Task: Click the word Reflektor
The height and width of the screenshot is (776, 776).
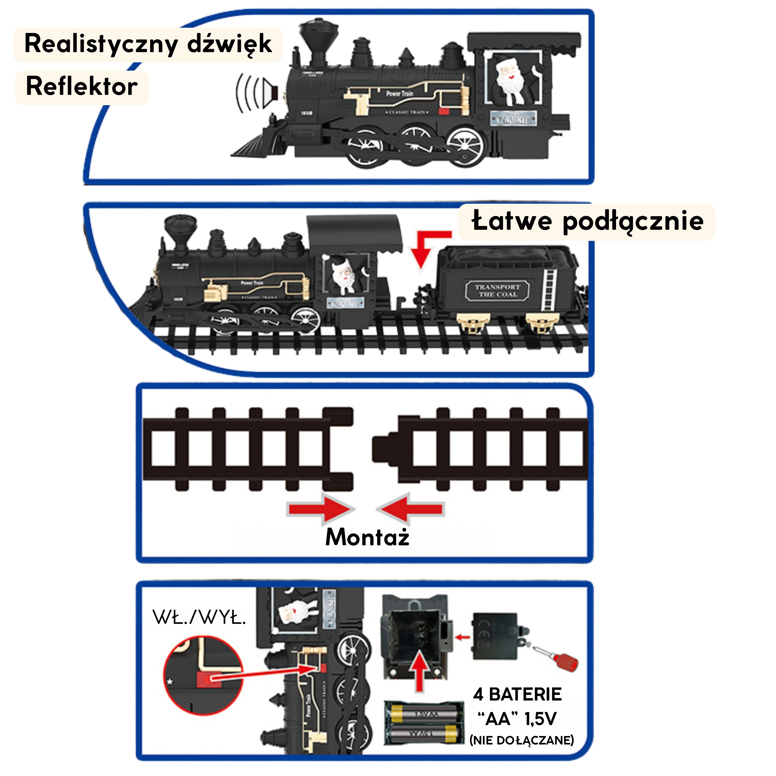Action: coord(82,86)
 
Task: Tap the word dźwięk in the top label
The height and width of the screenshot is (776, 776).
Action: coord(229,44)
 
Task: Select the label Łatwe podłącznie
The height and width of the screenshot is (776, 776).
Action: coord(587,221)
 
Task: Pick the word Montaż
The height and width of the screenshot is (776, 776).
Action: coord(367,537)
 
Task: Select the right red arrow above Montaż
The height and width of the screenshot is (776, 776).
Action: coord(410,509)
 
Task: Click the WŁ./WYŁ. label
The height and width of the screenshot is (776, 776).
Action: coord(199,617)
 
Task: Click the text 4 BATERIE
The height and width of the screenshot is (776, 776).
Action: coord(517,694)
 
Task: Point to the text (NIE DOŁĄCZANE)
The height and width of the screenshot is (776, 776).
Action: coord(521,740)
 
